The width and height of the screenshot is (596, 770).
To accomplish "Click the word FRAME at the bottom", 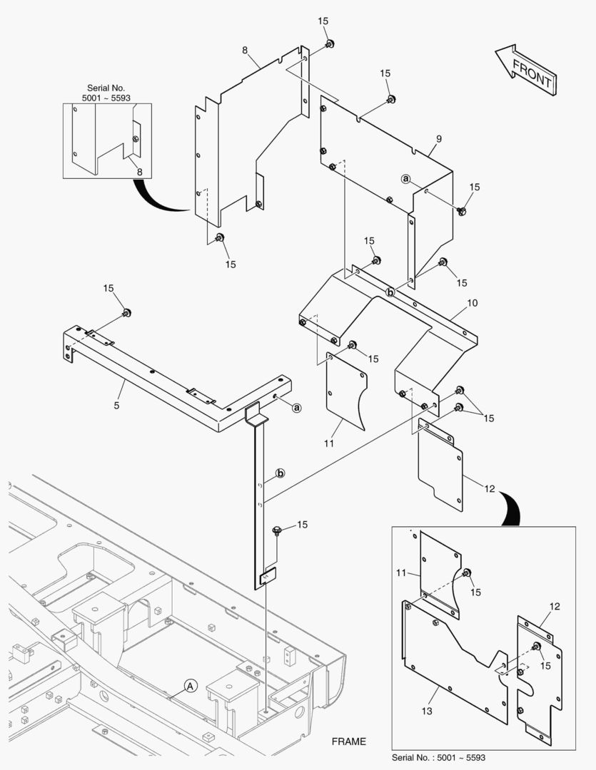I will point(348,741).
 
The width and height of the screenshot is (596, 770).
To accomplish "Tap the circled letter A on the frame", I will point(190,686).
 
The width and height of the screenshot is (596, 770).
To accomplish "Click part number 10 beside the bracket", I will point(473,303).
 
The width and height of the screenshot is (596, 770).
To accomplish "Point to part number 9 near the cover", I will point(439,138).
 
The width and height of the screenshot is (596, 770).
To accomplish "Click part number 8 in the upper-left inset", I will point(139,172).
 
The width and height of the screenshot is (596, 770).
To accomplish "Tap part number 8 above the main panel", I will point(245,51).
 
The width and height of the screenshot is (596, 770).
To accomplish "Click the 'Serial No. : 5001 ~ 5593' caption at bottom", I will point(439,757).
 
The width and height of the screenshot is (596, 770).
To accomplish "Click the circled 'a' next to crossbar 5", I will point(297,408).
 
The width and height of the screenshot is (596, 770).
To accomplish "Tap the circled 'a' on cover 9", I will point(405,179).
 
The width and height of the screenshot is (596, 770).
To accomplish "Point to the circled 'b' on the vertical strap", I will point(281,473).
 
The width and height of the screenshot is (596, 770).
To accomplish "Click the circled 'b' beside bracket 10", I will point(390,292).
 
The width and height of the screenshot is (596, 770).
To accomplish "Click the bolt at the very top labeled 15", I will point(330,44).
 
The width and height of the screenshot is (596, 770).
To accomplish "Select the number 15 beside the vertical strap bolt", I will point(302,525).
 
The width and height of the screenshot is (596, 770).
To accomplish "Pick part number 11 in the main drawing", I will point(329,443).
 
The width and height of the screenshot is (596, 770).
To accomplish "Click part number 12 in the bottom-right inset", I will point(554,607).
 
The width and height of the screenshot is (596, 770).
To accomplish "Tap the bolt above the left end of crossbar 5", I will point(127,313).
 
